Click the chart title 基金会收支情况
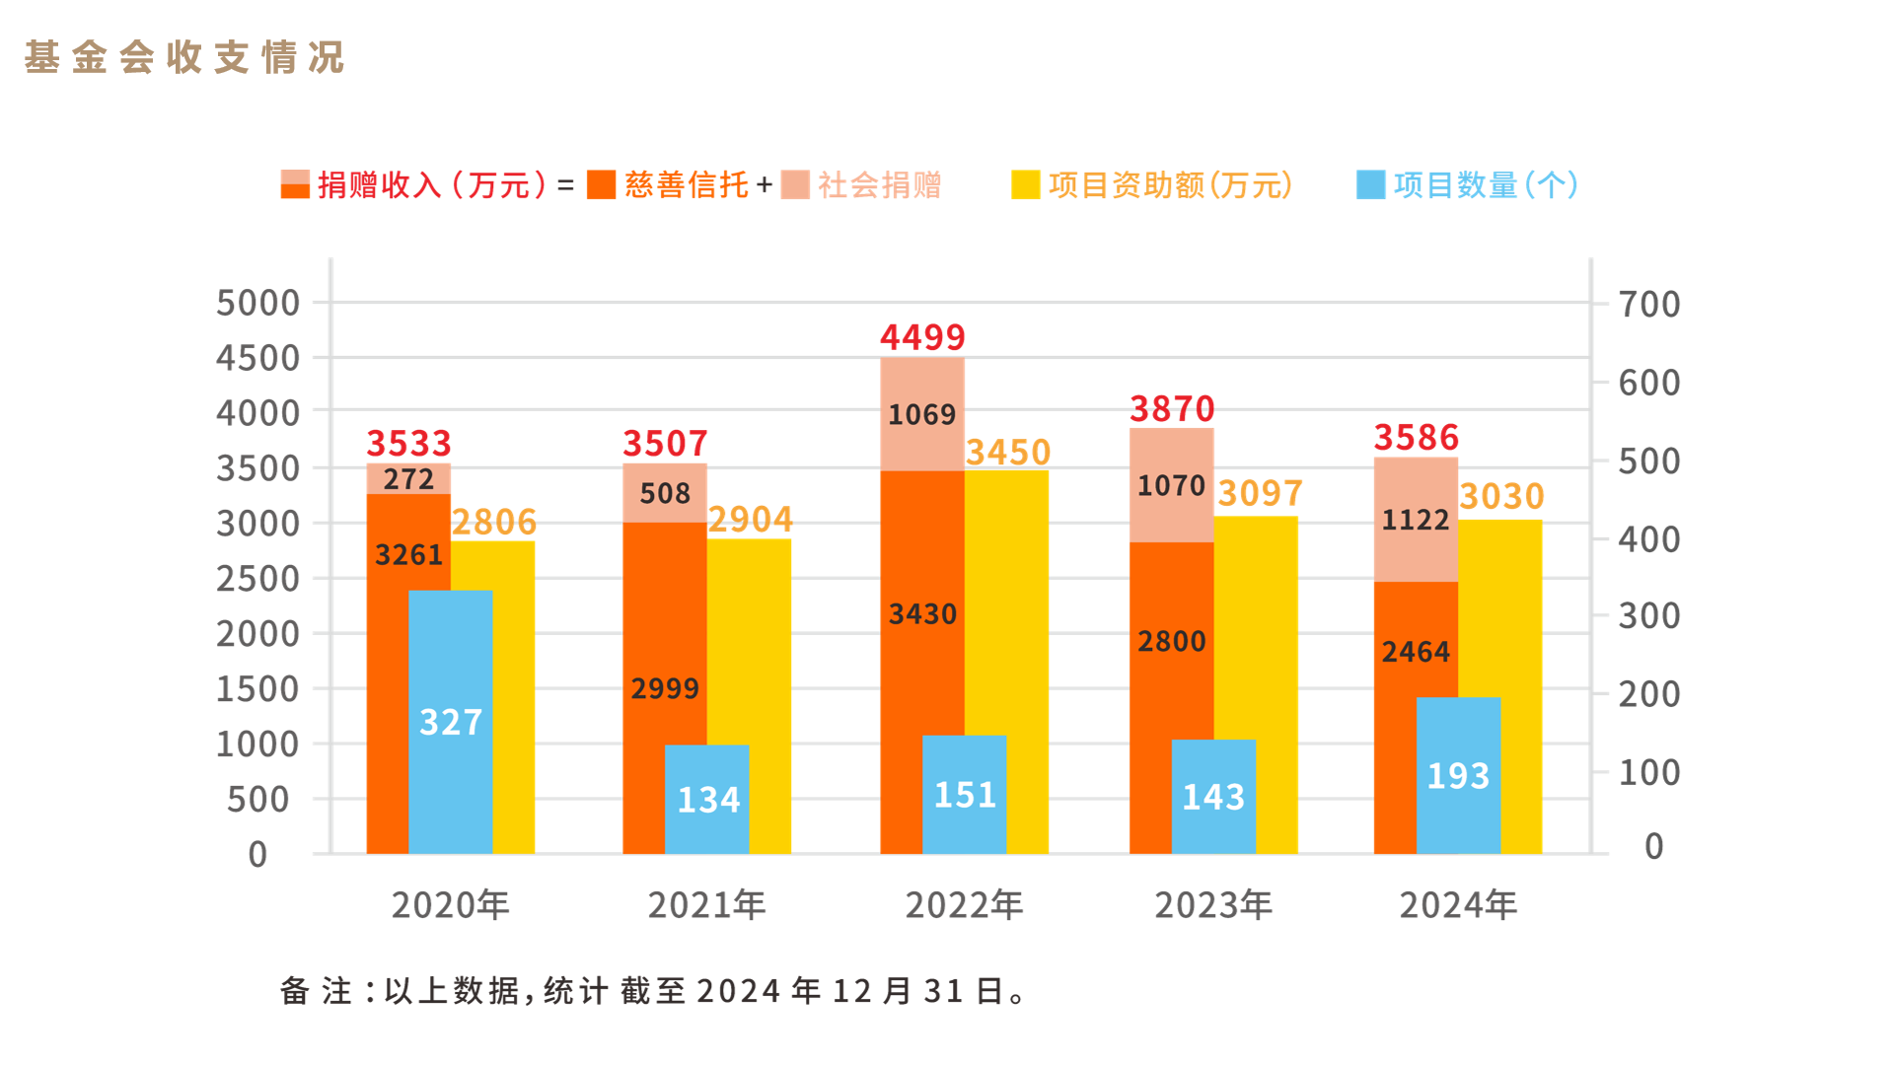184,57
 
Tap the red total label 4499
922,337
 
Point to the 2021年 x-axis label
706,904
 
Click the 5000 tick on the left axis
257,303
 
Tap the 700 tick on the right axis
1648,304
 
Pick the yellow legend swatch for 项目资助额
1025,184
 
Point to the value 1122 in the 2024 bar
1415,520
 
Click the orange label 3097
1260,493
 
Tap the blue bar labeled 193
1458,776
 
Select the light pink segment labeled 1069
921,414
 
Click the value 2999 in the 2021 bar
664,688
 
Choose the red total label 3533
408,443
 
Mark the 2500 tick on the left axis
257,579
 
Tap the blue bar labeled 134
707,799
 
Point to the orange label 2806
493,522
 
